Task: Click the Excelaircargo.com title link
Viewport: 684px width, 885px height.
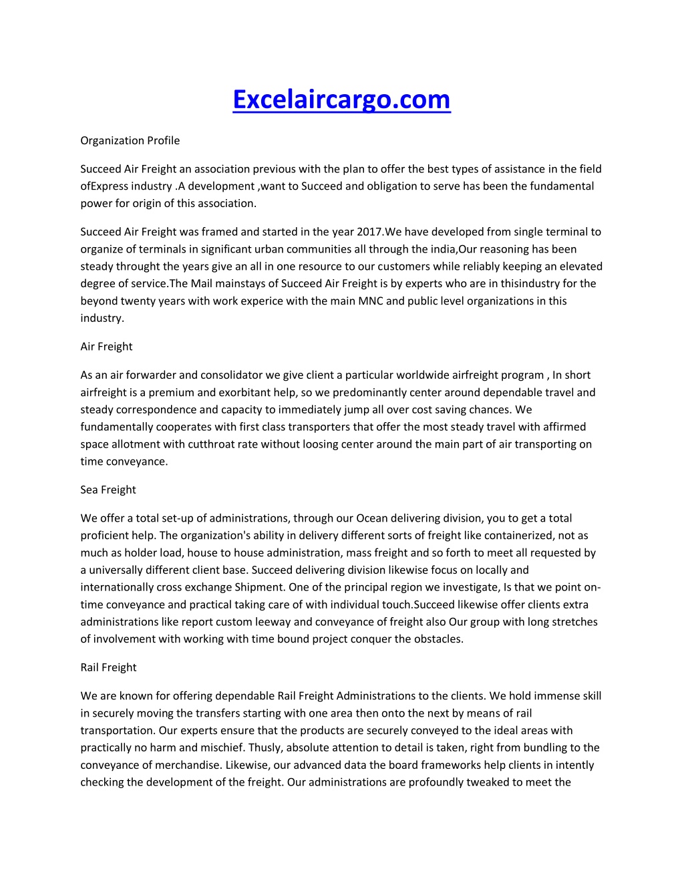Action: (341, 100)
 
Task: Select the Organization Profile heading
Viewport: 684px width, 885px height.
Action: (130, 140)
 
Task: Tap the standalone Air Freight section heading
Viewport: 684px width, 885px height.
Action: (106, 346)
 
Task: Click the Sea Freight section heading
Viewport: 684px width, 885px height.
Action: (108, 490)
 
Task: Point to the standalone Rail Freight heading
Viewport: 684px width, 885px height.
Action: (108, 667)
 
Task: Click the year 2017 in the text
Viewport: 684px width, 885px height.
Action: (369, 232)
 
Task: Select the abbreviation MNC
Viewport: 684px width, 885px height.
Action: (371, 301)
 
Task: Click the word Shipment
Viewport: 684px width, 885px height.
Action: (260, 587)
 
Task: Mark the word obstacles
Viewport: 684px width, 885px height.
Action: (434, 639)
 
